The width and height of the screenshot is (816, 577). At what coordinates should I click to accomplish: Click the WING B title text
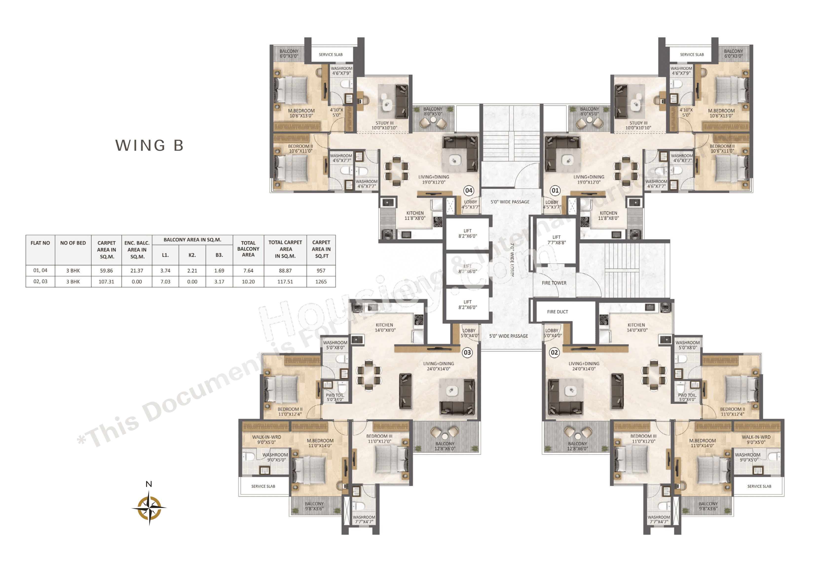[149, 145]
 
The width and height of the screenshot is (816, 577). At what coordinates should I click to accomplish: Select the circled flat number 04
[469, 190]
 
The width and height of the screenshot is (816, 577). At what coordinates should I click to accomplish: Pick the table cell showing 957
[321, 271]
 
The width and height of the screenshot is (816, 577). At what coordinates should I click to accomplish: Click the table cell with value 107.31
[106, 281]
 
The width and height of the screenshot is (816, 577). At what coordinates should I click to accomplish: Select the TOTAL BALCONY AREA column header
[248, 249]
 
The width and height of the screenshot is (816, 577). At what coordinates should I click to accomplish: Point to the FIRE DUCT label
[557, 312]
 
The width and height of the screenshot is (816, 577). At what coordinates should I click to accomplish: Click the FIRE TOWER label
[554, 283]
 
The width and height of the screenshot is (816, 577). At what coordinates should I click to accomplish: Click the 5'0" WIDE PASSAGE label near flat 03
[508, 336]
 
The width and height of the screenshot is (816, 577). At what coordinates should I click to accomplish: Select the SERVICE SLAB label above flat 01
[692, 54]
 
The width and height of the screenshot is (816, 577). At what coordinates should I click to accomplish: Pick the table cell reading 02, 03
[40, 281]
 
